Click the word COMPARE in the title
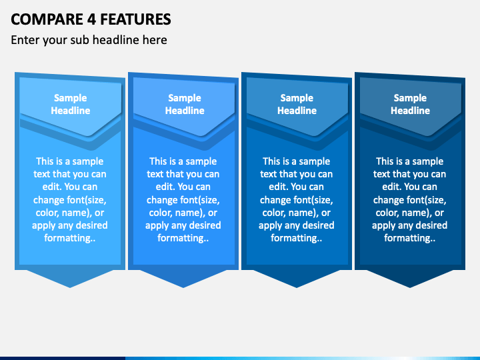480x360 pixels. pos(47,19)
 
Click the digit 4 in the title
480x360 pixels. pos(91,19)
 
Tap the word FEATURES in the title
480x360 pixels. pos(135,19)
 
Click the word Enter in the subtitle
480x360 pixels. pos(25,40)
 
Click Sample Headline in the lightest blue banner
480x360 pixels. pos(71,104)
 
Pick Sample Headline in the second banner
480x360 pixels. pos(185,104)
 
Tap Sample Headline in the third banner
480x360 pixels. pos(297,104)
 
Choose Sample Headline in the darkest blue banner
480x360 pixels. pos(410,104)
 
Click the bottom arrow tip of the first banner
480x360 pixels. pos(70,287)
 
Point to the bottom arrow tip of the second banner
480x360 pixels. pos(183,287)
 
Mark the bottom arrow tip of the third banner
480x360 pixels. pos(296,287)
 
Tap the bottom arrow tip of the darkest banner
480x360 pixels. pos(410,287)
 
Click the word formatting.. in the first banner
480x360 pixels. pos(70,238)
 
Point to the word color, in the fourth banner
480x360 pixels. pos(389,213)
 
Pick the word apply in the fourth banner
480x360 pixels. pos(385,226)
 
